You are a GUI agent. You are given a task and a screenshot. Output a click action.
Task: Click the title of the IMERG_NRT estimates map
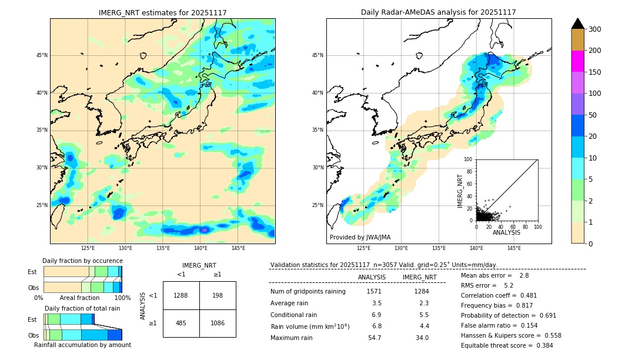point(162,12)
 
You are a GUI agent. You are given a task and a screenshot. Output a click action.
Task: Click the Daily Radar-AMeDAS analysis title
point(439,12)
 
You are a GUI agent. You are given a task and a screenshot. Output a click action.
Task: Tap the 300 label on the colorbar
point(595,29)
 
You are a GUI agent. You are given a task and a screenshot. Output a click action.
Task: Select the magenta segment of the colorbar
point(577,61)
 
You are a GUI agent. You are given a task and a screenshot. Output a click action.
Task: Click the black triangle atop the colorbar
point(577,24)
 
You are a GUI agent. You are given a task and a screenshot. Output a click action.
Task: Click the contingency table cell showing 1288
point(181,295)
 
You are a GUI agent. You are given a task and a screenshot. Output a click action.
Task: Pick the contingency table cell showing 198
point(218,295)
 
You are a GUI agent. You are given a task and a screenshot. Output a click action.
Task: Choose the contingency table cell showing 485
point(181,323)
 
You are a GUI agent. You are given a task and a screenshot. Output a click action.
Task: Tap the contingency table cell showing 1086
point(218,323)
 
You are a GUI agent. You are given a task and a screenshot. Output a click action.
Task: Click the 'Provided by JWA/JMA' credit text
point(360,238)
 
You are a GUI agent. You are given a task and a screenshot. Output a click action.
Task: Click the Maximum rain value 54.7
point(374,338)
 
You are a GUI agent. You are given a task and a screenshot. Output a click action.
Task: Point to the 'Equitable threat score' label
point(497,345)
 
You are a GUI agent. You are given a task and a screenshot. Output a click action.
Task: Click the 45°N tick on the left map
point(42,55)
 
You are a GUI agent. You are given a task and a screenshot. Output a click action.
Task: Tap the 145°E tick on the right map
point(514,249)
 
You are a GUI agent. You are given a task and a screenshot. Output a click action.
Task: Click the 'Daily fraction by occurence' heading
point(82,261)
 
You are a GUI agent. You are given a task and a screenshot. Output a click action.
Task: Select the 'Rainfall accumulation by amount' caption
point(82,345)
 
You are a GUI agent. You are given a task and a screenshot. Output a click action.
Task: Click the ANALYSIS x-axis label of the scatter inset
point(507,233)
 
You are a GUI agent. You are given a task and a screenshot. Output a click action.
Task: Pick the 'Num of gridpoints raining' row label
point(308,291)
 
